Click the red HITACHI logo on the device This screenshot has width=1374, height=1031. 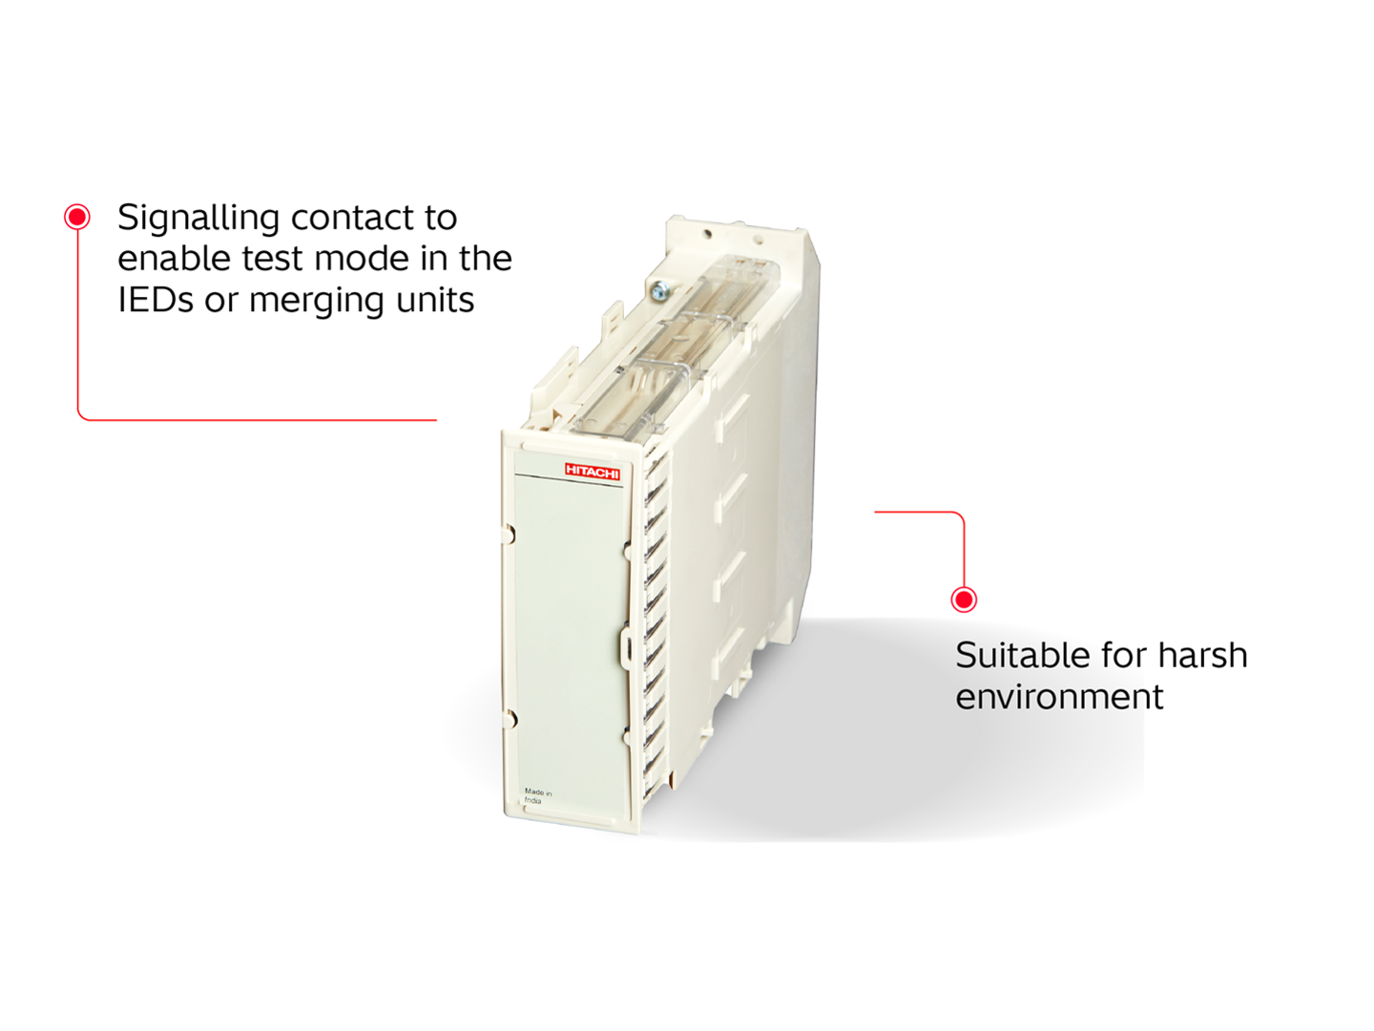coord(592,472)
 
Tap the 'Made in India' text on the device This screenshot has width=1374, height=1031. coord(537,796)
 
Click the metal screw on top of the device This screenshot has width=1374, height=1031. coord(659,289)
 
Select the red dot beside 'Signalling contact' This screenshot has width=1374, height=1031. coord(77,217)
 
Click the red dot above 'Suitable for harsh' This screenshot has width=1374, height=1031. coord(964,600)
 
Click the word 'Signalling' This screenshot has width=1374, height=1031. coord(198,219)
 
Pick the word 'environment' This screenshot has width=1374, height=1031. coord(1059,697)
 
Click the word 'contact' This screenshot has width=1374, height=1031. coord(352,219)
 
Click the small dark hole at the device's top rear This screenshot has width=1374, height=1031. coord(707,233)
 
